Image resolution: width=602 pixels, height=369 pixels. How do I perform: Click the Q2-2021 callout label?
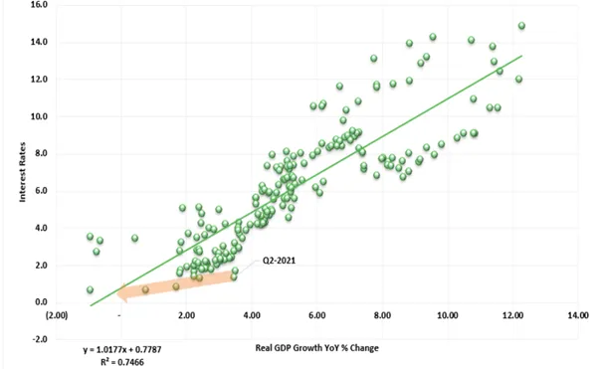(x=279, y=261)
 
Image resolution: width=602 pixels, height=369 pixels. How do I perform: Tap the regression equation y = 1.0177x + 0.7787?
(x=122, y=350)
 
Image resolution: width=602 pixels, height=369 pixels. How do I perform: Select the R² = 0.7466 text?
(x=122, y=362)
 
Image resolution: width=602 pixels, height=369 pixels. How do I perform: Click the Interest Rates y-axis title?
(x=22, y=172)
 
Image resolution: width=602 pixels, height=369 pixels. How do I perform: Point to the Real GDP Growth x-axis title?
(x=316, y=348)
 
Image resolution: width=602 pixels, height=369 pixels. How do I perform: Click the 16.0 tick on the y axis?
(x=39, y=5)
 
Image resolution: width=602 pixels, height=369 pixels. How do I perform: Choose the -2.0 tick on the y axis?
(x=39, y=339)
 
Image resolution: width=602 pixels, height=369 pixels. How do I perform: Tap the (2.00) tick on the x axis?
(x=57, y=315)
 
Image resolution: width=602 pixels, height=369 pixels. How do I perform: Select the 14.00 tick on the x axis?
(x=578, y=315)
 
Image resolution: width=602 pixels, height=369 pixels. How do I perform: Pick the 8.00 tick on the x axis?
(x=382, y=315)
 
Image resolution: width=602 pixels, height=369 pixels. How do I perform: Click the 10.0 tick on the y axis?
(x=39, y=116)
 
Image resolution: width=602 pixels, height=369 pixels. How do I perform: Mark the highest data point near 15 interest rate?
(x=521, y=26)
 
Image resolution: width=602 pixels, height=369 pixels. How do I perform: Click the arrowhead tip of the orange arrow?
(x=116, y=293)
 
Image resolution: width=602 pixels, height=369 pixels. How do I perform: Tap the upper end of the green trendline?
(x=521, y=56)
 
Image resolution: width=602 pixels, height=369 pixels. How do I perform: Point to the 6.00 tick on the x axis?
(x=317, y=315)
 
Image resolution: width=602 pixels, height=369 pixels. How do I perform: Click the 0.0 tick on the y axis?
(x=41, y=302)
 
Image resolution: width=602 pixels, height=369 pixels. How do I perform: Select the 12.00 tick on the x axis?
(x=512, y=315)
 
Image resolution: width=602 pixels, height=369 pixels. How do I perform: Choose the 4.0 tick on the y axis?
(x=41, y=228)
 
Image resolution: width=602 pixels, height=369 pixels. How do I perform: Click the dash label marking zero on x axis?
(x=119, y=315)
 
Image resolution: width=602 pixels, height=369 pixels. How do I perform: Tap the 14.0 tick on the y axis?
(x=39, y=42)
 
